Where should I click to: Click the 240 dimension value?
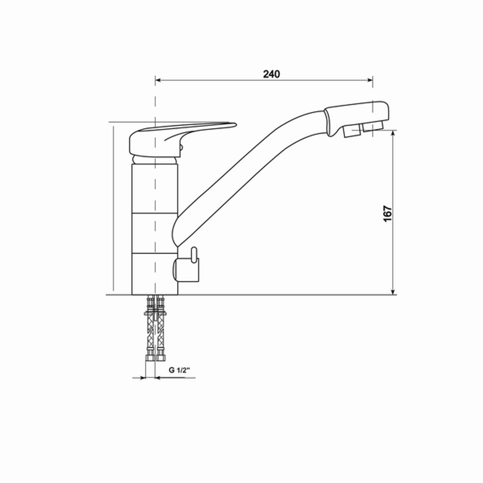[271, 74]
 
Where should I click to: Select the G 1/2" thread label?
[180, 370]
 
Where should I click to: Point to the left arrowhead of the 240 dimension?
[158, 80]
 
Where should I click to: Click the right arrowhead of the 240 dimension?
[369, 80]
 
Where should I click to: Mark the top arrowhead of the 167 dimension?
[394, 134]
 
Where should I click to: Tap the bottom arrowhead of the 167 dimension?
[394, 291]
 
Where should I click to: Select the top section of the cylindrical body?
[155, 188]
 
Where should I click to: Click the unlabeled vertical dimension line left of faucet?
[113, 208]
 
